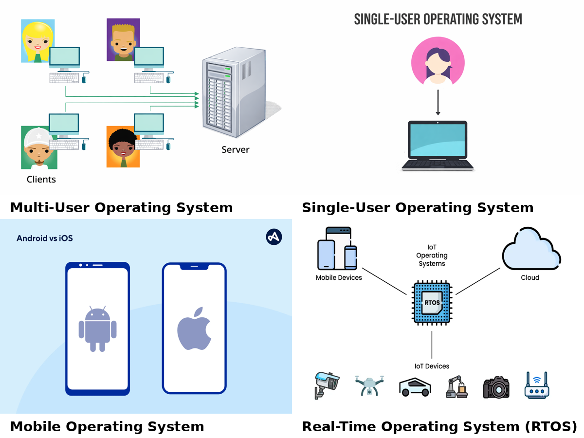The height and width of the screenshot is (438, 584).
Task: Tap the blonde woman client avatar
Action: click(37, 41)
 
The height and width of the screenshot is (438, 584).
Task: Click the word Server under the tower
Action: click(235, 150)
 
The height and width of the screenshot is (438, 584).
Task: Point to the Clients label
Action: click(41, 180)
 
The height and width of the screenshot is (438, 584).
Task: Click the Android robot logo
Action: click(98, 329)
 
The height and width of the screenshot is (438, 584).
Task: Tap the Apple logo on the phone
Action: click(194, 328)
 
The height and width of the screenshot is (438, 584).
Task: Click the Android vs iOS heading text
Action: click(45, 238)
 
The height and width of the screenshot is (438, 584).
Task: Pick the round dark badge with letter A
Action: click(274, 237)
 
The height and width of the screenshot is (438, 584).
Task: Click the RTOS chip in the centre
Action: click(432, 302)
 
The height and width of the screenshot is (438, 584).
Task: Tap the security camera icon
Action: click(326, 385)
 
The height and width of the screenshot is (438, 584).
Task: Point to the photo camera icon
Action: click(496, 387)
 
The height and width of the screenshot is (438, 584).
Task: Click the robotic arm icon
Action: click(456, 386)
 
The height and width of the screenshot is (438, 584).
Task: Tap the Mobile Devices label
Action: click(339, 277)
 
